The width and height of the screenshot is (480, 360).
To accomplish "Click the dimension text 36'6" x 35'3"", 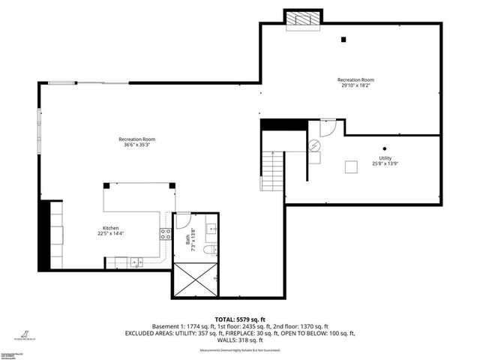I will [x=136, y=145].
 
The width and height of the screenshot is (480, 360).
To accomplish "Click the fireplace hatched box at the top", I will [x=303, y=19].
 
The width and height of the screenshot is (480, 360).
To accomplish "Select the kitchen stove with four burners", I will [x=164, y=235].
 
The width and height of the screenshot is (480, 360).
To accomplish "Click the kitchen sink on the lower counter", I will [x=136, y=261].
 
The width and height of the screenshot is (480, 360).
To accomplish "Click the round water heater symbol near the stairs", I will [x=315, y=146].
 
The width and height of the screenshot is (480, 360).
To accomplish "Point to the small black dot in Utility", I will [x=384, y=148].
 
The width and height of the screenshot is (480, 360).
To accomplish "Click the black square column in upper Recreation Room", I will [x=343, y=40].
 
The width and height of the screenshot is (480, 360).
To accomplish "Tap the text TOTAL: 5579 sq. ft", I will [x=240, y=319].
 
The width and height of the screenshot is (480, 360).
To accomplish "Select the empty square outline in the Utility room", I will [x=351, y=168].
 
